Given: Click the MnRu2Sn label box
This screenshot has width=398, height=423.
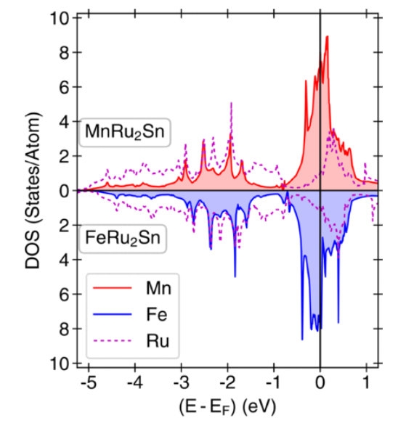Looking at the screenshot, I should [123, 133].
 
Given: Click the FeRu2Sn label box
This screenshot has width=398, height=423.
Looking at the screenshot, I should [122, 237].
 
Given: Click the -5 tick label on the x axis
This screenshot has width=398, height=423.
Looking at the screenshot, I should [85, 380].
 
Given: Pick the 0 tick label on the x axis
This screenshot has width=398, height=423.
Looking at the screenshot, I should [320, 380].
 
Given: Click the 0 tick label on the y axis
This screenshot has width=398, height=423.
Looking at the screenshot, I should [63, 191].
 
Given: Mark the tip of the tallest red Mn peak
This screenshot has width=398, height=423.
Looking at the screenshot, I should [328, 36].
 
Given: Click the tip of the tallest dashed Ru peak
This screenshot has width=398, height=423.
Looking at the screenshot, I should [231, 103].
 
